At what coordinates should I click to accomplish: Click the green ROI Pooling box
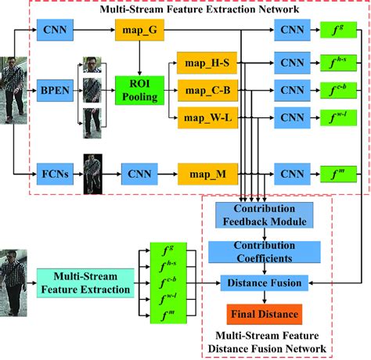pos(138,91)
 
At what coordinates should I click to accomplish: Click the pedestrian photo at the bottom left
pos(15,282)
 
